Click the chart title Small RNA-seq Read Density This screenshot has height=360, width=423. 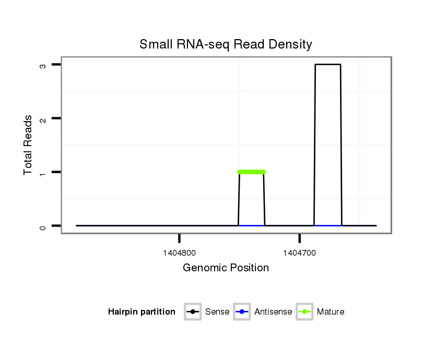[x=226, y=44]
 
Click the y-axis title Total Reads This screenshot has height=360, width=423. [x=28, y=145]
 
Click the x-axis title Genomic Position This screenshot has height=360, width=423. [x=226, y=268]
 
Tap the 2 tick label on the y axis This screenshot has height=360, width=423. [x=43, y=119]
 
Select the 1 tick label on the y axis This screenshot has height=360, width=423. [x=43, y=172]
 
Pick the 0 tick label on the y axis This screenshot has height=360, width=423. [x=43, y=226]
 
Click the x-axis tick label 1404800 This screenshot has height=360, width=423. [x=179, y=253]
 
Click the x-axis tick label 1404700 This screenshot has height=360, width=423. [x=299, y=253]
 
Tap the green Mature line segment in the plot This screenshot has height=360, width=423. [x=251, y=172]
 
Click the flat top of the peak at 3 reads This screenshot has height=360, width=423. [x=328, y=65]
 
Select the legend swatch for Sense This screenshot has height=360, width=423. [x=193, y=312]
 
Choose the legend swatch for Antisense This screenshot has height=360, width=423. [x=242, y=312]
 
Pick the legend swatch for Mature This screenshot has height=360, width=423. [x=304, y=312]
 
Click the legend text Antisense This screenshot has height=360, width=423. [x=273, y=312]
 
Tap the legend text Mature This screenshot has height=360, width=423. [x=331, y=312]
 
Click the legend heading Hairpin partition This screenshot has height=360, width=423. [x=142, y=312]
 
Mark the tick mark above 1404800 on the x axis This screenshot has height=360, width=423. [x=179, y=238]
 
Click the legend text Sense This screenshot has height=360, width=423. [x=217, y=312]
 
